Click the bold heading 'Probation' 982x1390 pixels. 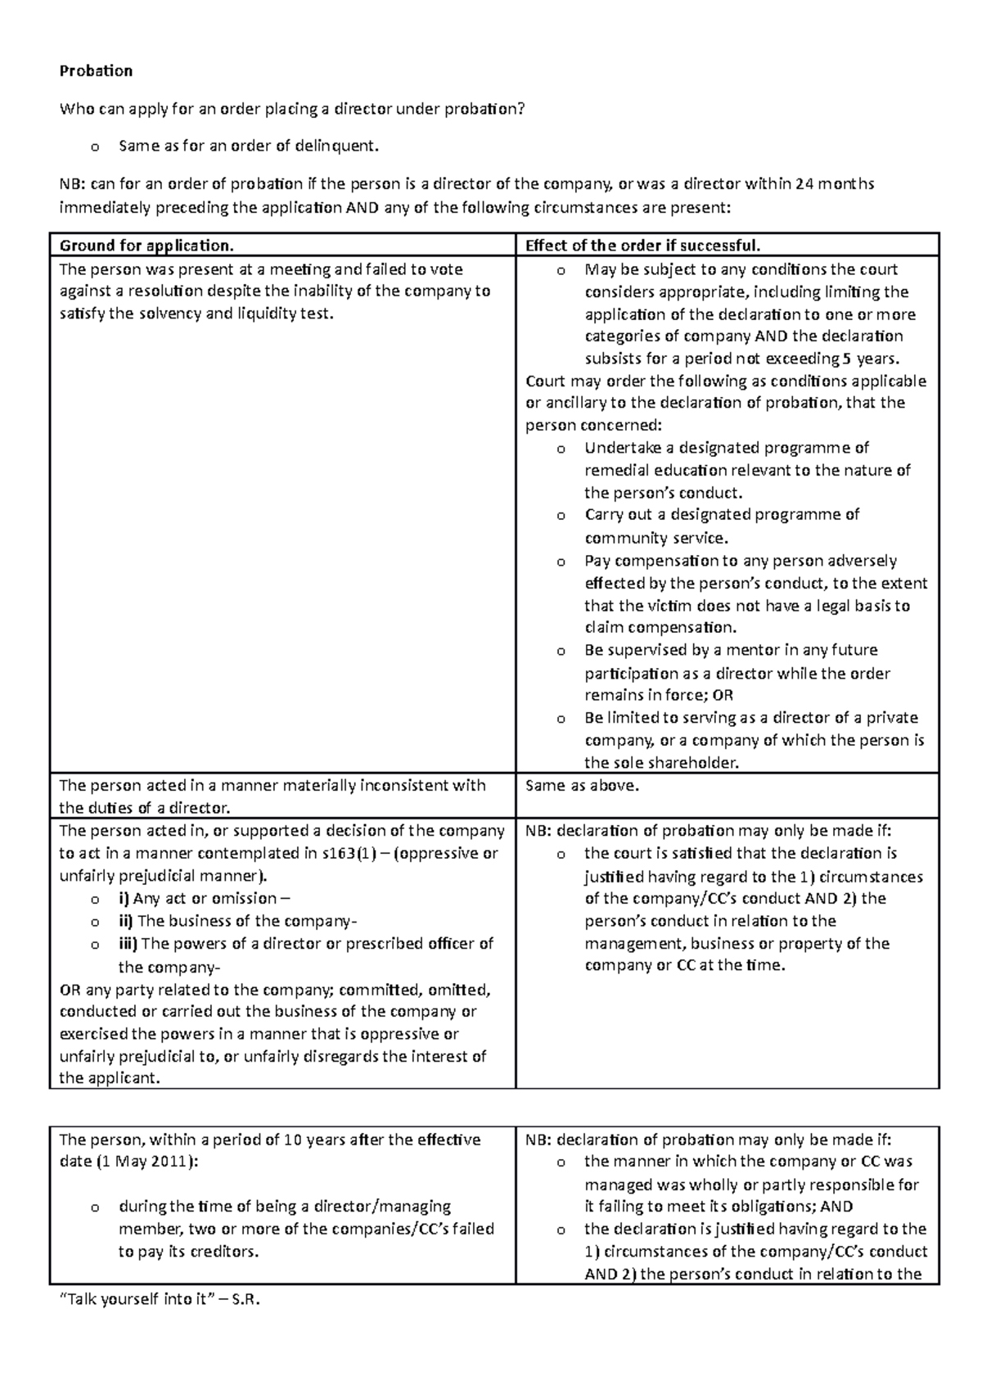click(x=96, y=71)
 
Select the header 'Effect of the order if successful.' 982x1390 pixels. click(x=643, y=246)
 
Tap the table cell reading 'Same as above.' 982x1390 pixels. click(x=582, y=786)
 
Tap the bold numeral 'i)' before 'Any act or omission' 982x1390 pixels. click(x=124, y=899)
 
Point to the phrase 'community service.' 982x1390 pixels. click(x=655, y=539)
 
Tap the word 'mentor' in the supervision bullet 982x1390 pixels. click(x=768, y=651)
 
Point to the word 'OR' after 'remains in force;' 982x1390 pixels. click(x=723, y=696)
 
